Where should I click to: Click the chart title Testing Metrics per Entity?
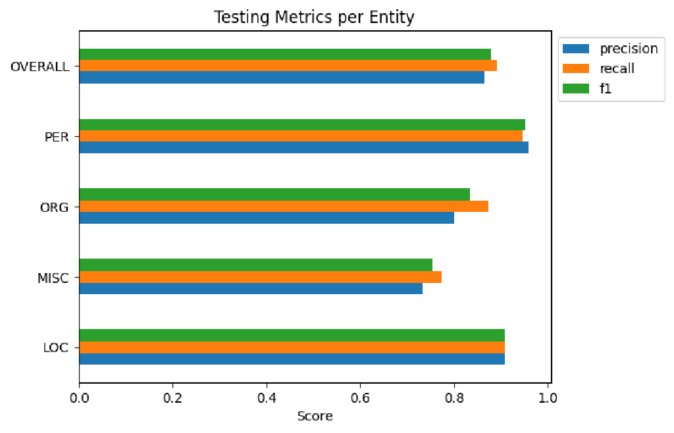314,17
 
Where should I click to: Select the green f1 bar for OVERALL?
285,54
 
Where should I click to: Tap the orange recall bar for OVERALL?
288,66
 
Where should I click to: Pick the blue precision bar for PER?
303,147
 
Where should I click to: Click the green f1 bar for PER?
302,124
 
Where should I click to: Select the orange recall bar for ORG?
284,206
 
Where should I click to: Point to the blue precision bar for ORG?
267,218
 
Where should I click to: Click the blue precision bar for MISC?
251,288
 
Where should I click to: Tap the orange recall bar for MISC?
260,276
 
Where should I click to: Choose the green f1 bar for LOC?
292,335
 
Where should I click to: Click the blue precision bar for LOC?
292,359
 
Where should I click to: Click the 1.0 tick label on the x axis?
548,397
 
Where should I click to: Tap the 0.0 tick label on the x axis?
79,397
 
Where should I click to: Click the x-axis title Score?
315,416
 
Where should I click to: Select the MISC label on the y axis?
53,278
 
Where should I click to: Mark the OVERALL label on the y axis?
40,66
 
